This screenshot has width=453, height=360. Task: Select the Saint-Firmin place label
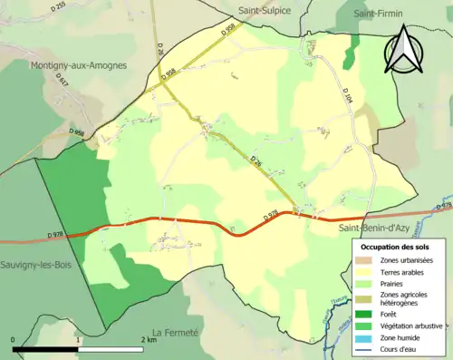click(x=380, y=14)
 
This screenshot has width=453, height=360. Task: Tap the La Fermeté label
click(x=175, y=333)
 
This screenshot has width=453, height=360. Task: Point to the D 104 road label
click(x=348, y=93)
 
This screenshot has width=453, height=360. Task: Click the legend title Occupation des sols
click(x=395, y=247)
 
